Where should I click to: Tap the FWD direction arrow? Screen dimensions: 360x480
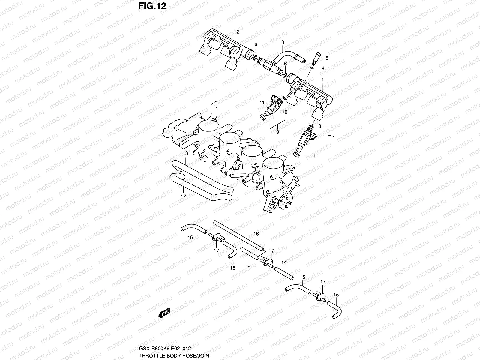click(x=164, y=313)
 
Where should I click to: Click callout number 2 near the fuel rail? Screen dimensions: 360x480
click(x=238, y=31)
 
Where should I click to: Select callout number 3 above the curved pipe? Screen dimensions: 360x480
click(x=282, y=42)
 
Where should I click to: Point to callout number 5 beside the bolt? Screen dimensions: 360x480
click(x=327, y=58)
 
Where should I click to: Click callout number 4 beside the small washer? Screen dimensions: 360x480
click(x=322, y=68)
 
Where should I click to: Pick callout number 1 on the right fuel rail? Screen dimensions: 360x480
click(x=322, y=80)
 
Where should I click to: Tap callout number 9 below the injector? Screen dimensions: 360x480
click(x=277, y=132)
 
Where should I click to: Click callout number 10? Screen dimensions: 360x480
click(x=285, y=112)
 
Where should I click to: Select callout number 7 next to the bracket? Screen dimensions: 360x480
click(x=333, y=136)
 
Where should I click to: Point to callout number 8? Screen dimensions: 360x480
click(x=320, y=126)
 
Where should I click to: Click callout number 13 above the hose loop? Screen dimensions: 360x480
click(x=185, y=153)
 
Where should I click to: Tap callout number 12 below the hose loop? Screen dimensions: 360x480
click(x=183, y=197)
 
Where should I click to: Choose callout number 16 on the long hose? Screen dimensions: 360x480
click(x=256, y=234)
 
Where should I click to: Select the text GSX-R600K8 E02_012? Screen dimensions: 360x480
click(x=164, y=349)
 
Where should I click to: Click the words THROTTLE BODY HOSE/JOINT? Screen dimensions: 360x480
click(x=175, y=355)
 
